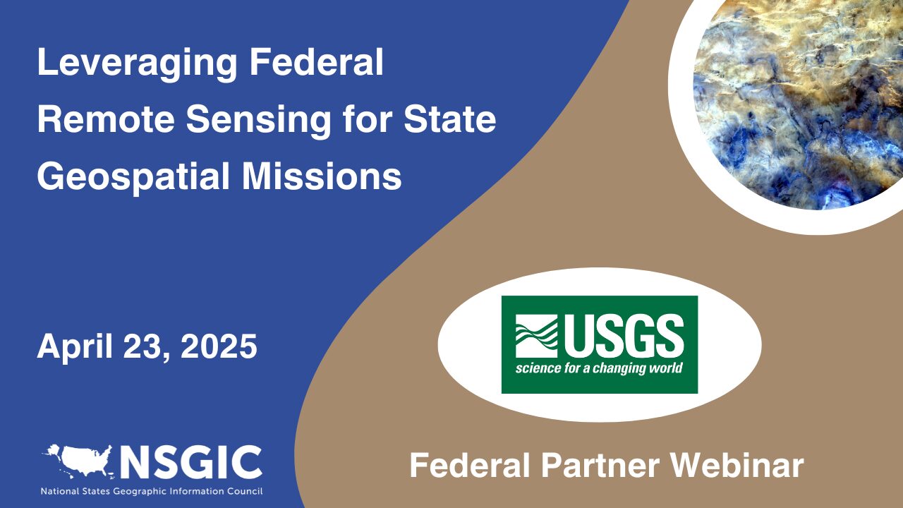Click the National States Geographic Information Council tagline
tap(152, 490)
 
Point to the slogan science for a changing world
tap(599, 368)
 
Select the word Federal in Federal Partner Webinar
tap(475, 466)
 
